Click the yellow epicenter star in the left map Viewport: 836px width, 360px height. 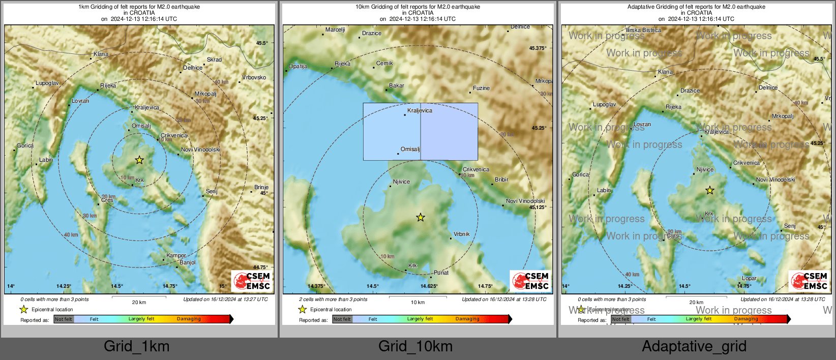pyautogui.click(x=139, y=160)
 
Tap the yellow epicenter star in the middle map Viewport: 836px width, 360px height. pyautogui.click(x=421, y=218)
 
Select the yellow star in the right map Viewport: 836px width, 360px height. pyautogui.click(x=710, y=191)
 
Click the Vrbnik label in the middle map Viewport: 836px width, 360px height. pyautogui.click(x=461, y=234)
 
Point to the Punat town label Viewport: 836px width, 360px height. pyautogui.click(x=441, y=273)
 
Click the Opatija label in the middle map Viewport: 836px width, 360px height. pyautogui.click(x=298, y=67)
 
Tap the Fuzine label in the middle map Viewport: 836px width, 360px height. pyautogui.click(x=481, y=88)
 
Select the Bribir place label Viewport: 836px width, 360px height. pyautogui.click(x=501, y=180)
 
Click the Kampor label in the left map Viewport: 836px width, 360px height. pyautogui.click(x=176, y=256)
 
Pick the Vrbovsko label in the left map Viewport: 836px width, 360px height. pyautogui.click(x=254, y=78)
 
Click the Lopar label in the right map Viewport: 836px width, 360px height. pyautogui.click(x=749, y=279)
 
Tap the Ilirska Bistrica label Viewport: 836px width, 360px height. pyautogui.click(x=643, y=31)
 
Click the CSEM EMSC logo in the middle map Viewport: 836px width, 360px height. pyautogui.click(x=530, y=281)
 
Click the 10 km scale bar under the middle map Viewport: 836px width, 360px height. pyautogui.click(x=417, y=297)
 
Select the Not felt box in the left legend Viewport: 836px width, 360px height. pyautogui.click(x=64, y=319)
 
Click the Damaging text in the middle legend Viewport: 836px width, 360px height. pyautogui.click(x=467, y=319)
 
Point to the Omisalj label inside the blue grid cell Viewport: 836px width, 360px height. pyautogui.click(x=410, y=149)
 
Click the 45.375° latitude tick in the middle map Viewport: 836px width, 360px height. pyautogui.click(x=538, y=48)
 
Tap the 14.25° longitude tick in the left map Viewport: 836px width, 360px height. pyautogui.click(x=64, y=286)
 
